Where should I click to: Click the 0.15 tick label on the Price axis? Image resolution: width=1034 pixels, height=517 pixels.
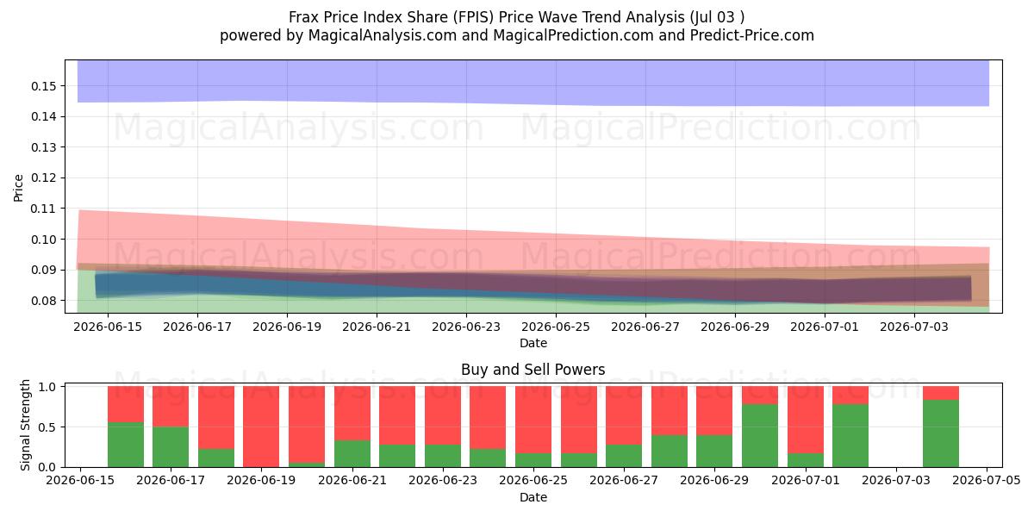click(43, 86)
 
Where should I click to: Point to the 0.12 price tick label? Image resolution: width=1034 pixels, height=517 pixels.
click(43, 178)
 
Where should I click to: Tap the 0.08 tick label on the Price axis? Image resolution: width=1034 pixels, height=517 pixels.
click(43, 301)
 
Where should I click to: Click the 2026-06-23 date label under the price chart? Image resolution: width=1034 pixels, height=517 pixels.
click(466, 327)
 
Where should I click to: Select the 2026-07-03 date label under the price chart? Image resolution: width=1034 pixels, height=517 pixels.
click(914, 327)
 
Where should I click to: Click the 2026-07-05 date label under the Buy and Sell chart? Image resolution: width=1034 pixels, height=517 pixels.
click(987, 481)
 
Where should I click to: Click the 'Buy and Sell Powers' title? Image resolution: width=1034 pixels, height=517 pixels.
click(533, 370)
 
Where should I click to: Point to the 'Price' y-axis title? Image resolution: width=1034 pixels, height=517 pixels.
click(18, 189)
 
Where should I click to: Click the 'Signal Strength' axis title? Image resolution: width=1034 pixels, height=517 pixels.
click(25, 425)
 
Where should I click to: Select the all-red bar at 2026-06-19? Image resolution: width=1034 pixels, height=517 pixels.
click(261, 427)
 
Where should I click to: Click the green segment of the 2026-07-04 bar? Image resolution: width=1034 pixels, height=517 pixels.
click(941, 433)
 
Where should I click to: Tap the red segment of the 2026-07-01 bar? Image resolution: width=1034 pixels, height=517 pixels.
click(806, 420)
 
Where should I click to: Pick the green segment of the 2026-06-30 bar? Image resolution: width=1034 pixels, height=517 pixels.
click(760, 436)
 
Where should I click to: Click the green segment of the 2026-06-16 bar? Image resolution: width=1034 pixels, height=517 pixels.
click(126, 445)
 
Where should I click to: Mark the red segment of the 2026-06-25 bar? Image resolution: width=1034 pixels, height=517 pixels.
click(533, 420)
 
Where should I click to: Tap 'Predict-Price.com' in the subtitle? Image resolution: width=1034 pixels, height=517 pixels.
click(752, 35)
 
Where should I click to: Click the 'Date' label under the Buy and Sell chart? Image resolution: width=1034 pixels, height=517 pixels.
click(533, 498)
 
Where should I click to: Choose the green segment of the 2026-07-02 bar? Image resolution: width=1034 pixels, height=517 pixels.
click(850, 436)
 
